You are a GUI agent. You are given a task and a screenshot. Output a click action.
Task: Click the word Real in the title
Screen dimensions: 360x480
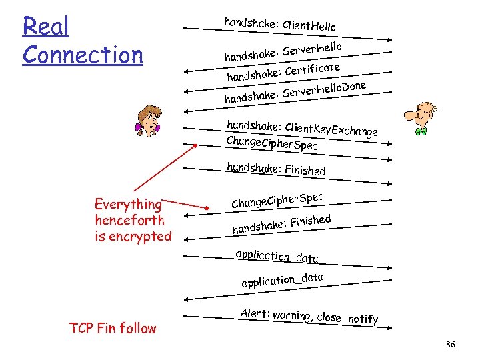(45, 27)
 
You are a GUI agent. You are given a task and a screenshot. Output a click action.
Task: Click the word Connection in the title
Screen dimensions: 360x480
(83, 55)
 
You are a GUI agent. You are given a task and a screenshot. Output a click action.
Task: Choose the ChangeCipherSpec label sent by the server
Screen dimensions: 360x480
(277, 198)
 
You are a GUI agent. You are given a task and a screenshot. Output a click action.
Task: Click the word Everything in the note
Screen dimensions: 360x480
(128, 204)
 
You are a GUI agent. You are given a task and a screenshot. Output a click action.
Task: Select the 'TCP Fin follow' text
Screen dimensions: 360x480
(112, 328)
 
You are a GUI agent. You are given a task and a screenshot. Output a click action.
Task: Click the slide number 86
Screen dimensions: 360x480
(450, 344)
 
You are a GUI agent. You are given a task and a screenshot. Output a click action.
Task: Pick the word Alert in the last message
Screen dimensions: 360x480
(254, 313)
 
